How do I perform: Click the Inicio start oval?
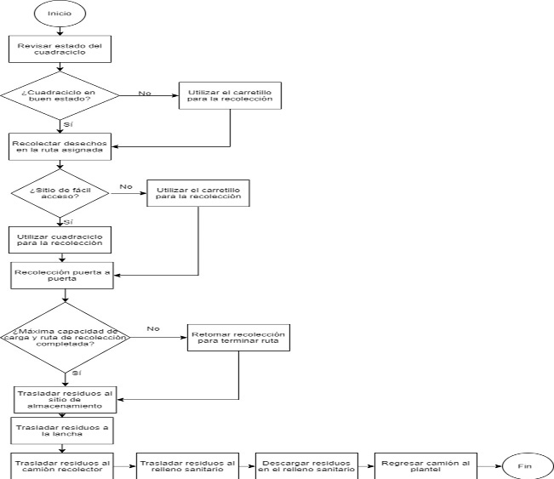(x=60, y=14)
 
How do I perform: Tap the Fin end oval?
(x=525, y=465)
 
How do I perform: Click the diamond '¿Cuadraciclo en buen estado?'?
(x=60, y=94)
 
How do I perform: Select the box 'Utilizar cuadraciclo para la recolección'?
(x=60, y=239)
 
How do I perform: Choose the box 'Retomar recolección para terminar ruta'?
(x=240, y=338)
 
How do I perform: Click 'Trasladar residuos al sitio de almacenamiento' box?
(x=64, y=398)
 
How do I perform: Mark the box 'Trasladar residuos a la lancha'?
(x=60, y=430)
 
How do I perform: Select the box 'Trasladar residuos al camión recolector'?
(x=60, y=465)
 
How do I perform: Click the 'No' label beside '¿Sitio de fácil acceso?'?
(x=126, y=185)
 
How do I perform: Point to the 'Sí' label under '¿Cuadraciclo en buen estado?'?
(x=68, y=124)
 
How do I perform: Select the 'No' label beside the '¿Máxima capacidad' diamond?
(x=153, y=328)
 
